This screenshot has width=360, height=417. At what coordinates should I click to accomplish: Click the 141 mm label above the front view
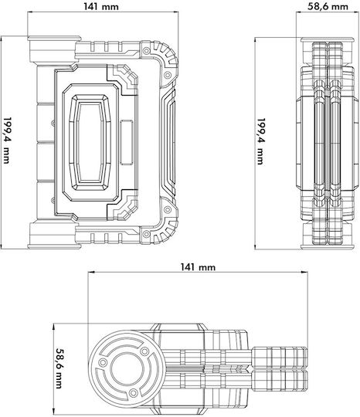pyautogui.click(x=101, y=6)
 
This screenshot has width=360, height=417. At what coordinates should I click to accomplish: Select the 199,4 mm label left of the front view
pyautogui.click(x=7, y=141)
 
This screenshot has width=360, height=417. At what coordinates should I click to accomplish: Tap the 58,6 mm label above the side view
pyautogui.click(x=328, y=6)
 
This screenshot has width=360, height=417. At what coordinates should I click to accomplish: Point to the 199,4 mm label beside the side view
pyautogui.click(x=261, y=141)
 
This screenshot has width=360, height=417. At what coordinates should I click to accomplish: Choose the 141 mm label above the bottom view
pyautogui.click(x=198, y=266)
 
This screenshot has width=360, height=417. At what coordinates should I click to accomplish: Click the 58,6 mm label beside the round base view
pyautogui.click(x=60, y=368)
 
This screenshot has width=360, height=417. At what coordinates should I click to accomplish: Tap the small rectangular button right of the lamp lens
pyautogui.click(x=127, y=142)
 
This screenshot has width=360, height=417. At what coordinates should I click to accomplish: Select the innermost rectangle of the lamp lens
pyautogui.click(x=90, y=142)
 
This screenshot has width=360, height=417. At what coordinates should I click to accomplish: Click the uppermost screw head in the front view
pyautogui.click(x=146, y=50)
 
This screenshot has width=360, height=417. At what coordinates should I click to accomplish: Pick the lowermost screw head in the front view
pyautogui.click(x=146, y=234)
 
